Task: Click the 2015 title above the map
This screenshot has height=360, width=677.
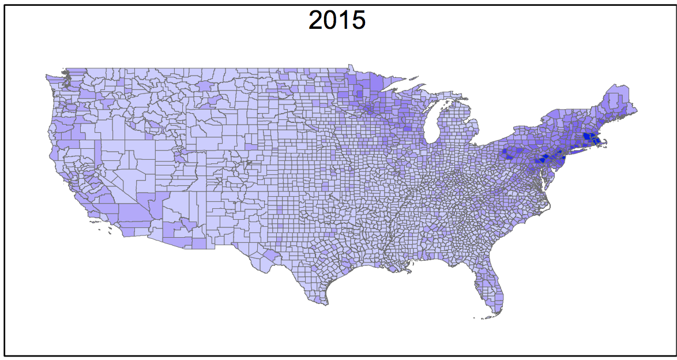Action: point(337,20)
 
